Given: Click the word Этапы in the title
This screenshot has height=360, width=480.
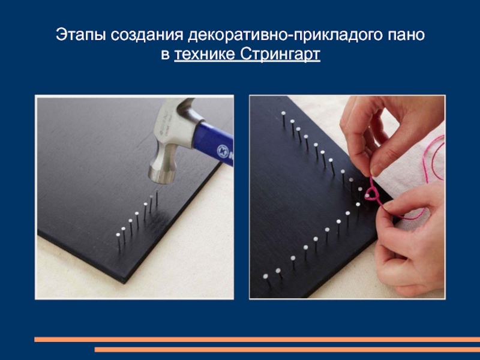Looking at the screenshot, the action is [x=80, y=35].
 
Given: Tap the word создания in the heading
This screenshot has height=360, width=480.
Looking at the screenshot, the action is [x=146, y=35].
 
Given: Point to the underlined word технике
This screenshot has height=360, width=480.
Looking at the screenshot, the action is [x=205, y=55].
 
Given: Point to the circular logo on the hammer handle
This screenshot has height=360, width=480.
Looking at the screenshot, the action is [x=223, y=151].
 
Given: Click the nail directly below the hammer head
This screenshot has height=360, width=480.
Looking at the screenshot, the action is [x=157, y=197].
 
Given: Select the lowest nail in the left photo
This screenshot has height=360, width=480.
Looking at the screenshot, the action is [x=118, y=242].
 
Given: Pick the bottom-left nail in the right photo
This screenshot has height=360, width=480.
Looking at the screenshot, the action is [x=266, y=280].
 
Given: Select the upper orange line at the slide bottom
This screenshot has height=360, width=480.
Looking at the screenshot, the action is [x=257, y=340].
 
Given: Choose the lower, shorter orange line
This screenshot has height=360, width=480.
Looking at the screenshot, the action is [x=287, y=349].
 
